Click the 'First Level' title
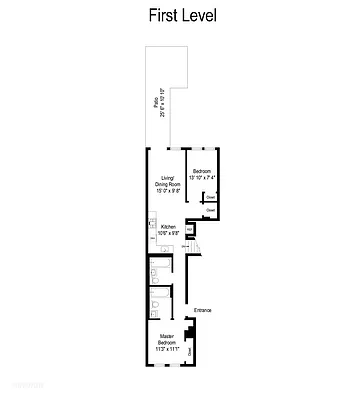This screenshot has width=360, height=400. [x=180, y=17]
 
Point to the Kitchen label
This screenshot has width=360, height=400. [x=168, y=227]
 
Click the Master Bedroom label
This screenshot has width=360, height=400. [x=167, y=340]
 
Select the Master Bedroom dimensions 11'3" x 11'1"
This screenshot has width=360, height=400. [x=167, y=351]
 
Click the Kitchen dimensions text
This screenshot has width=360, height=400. [x=168, y=233]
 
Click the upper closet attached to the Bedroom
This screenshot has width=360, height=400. [x=211, y=197]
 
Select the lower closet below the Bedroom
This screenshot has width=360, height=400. [x=211, y=211]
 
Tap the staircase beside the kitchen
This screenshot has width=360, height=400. [x=198, y=247]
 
